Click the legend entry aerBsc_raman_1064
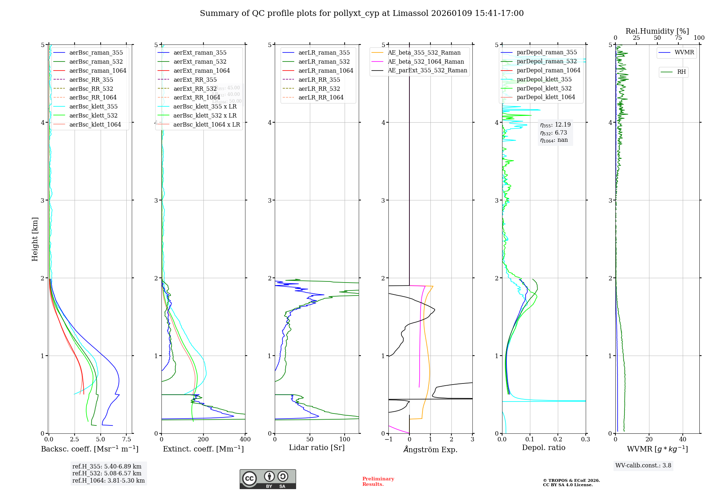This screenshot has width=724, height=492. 98,71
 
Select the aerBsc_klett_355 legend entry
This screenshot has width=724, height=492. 93,106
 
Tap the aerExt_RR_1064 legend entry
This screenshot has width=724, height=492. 197,97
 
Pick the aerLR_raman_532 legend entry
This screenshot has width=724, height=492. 324,61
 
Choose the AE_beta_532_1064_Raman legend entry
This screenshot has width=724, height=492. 426,61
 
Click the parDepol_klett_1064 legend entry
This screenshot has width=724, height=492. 546,97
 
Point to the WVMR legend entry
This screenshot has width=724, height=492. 684,52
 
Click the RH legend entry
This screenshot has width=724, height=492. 681,72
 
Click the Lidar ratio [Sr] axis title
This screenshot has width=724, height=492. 317,448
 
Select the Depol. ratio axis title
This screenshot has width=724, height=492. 543,448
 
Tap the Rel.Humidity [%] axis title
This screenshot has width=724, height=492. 657,31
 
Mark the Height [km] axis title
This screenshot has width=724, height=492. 35,239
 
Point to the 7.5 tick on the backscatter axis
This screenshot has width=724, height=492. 126,440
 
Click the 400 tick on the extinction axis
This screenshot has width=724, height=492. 245,440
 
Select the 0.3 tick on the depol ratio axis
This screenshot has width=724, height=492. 585,440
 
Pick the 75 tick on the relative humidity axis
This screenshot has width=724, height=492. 678,38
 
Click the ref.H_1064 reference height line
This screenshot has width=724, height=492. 108,480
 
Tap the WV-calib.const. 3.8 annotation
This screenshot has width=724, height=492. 643,466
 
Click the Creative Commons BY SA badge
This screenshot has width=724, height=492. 268,479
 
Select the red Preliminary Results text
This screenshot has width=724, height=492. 378,482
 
